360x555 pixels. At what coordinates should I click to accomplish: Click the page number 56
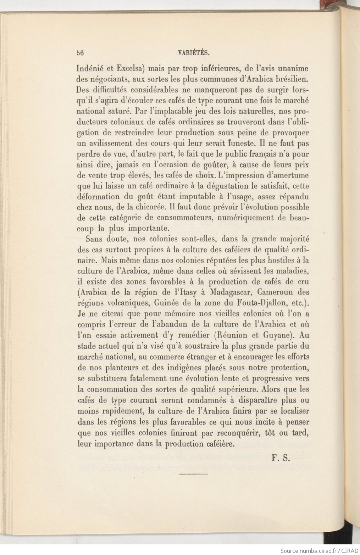click(x=80, y=54)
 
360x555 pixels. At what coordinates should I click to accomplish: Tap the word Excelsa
click(x=126, y=68)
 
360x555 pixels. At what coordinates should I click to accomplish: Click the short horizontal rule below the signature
click(x=194, y=474)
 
